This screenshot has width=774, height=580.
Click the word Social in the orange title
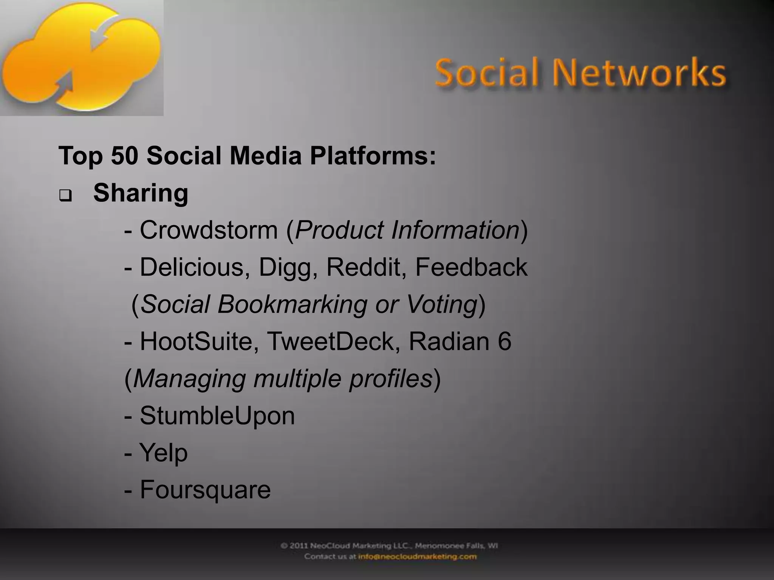486,72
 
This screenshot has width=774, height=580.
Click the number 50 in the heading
125,156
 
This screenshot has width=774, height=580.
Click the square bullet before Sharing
65,197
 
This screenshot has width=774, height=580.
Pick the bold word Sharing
141,193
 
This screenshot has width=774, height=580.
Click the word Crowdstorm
209,230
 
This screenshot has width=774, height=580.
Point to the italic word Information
455,230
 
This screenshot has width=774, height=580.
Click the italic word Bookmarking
292,304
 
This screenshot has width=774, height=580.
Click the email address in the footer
417,557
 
